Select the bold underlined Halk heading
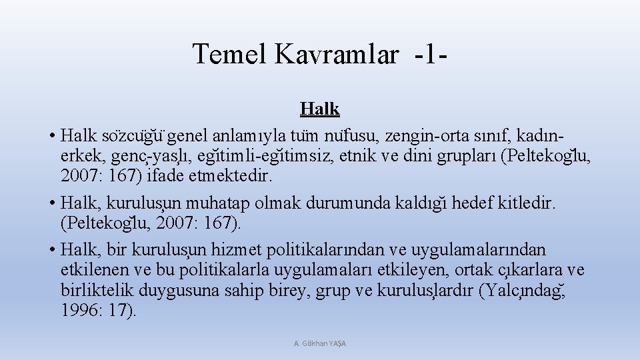(x=319, y=109)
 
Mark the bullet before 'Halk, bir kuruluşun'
(x=51, y=251)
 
